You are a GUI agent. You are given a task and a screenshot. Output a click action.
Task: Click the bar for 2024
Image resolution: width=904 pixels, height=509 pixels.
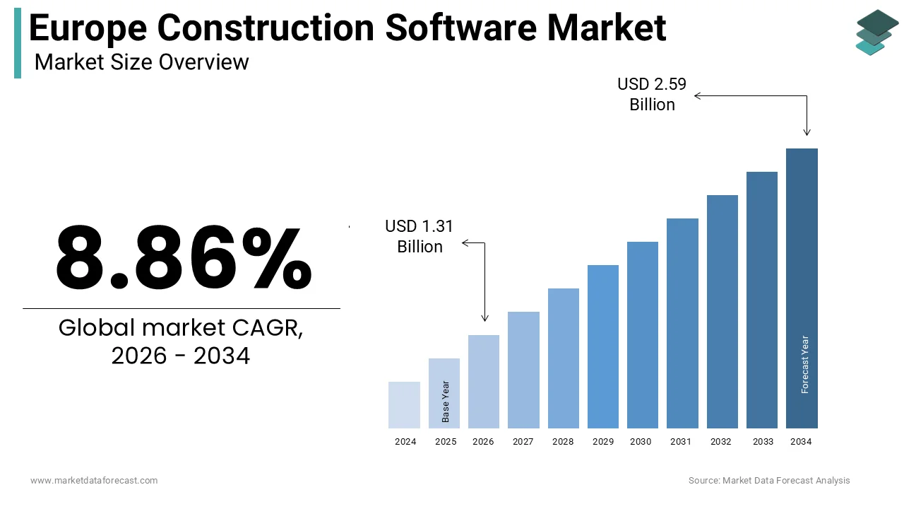[x=405, y=405]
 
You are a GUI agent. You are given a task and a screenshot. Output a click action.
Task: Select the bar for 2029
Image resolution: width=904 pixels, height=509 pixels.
[x=603, y=346]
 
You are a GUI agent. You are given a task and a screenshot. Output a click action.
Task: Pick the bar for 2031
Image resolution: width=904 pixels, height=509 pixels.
[x=682, y=323]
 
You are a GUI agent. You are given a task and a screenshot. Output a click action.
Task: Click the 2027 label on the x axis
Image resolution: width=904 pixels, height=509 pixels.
[x=523, y=442]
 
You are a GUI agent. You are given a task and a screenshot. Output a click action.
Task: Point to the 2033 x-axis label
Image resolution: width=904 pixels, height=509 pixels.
[x=763, y=442]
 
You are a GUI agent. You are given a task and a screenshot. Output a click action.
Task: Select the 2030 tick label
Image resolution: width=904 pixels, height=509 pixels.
[x=642, y=442]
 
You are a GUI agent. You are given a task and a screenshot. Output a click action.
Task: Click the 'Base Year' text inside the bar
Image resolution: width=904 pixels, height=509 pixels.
[x=445, y=402]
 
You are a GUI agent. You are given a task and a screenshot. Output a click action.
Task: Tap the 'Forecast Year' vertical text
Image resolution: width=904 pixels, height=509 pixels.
[x=804, y=364]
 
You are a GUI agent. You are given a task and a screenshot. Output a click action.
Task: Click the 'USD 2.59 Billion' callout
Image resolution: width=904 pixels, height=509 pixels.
[x=652, y=94]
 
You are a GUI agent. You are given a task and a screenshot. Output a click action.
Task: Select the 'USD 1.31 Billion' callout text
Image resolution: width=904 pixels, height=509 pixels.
[x=420, y=236]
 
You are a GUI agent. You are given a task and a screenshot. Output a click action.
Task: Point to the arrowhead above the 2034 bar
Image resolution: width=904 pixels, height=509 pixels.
[x=807, y=131]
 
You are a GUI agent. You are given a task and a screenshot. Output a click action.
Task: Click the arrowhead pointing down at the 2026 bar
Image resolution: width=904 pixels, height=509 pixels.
[x=484, y=318]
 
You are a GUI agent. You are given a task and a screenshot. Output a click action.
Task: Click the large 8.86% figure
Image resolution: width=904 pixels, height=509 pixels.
[x=183, y=259]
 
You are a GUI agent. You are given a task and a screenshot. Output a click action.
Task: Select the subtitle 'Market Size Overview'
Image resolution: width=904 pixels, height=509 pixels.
[x=141, y=62]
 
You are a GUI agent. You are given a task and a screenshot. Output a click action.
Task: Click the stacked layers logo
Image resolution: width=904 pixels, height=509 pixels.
[x=876, y=33]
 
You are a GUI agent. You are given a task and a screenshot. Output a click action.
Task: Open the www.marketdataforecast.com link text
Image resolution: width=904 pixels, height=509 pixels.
[x=94, y=481]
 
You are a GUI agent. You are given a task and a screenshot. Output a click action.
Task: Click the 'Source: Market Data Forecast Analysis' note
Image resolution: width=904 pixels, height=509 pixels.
[x=769, y=481]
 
